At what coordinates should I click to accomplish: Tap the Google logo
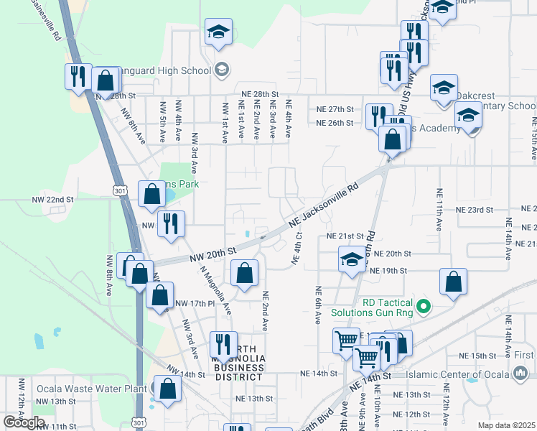coord(24,422)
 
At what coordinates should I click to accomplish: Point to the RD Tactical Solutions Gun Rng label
coord(373,307)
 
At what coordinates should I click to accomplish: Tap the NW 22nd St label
coord(52,199)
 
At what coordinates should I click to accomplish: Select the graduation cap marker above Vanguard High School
coord(218,32)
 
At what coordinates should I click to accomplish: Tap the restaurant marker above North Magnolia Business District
coord(223,345)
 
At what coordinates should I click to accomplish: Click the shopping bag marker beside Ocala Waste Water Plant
coord(168,389)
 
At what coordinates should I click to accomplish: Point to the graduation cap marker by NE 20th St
coord(352,260)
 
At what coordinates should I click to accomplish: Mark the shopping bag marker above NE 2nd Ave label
coord(244,274)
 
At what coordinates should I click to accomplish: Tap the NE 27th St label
coord(335,109)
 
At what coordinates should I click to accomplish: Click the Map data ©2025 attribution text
coord(506,425)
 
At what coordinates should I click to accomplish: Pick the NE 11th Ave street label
coord(437,210)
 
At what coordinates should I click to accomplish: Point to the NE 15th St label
coord(477,356)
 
